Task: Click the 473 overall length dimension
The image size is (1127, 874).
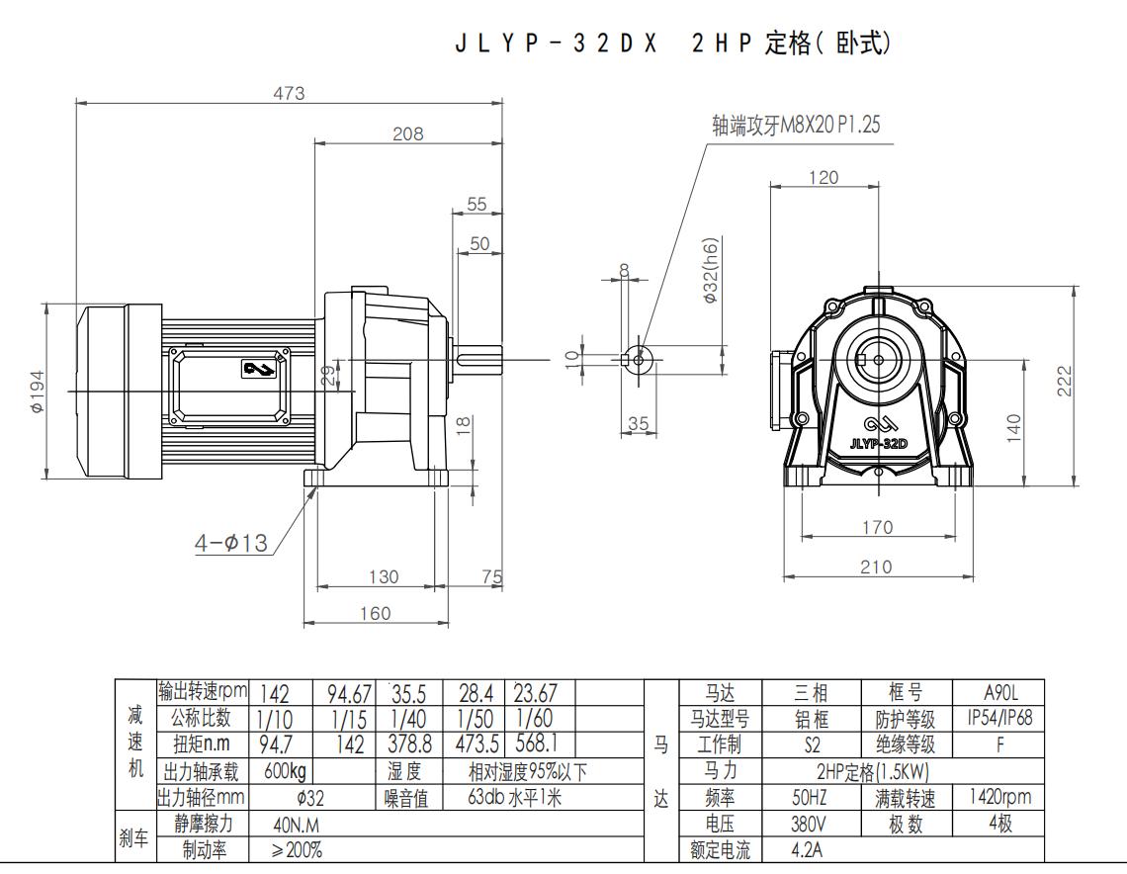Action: pyautogui.click(x=289, y=93)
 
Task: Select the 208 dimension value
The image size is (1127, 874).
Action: pyautogui.click(x=407, y=133)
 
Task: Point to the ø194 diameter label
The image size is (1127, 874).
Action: pyautogui.click(x=37, y=392)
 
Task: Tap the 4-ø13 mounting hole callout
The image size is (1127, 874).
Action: pyautogui.click(x=230, y=544)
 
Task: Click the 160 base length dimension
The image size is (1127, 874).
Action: pyautogui.click(x=376, y=613)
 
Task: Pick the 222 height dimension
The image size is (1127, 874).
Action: pyautogui.click(x=1064, y=381)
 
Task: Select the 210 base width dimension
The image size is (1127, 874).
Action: pyautogui.click(x=876, y=568)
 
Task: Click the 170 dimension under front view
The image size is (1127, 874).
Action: pyautogui.click(x=878, y=528)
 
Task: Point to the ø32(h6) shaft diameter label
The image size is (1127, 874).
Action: pyautogui.click(x=710, y=270)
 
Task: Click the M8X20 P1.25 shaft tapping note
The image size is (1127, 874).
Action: pyautogui.click(x=796, y=125)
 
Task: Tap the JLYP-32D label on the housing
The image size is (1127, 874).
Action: pyautogui.click(x=878, y=444)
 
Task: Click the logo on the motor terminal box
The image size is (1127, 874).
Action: pyautogui.click(x=259, y=370)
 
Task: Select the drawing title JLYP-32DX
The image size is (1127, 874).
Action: pyautogui.click(x=557, y=44)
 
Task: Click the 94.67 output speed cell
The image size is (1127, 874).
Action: pyautogui.click(x=349, y=694)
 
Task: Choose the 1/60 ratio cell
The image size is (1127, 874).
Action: pyautogui.click(x=534, y=718)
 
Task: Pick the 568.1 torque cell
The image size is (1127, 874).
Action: pyautogui.click(x=536, y=743)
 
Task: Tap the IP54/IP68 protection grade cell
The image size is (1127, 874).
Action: pyautogui.click(x=999, y=718)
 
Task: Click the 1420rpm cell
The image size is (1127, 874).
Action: pyautogui.click(x=999, y=796)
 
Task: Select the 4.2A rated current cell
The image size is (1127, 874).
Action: pyautogui.click(x=807, y=850)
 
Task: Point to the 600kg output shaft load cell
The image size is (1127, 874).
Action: pyautogui.click(x=286, y=771)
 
